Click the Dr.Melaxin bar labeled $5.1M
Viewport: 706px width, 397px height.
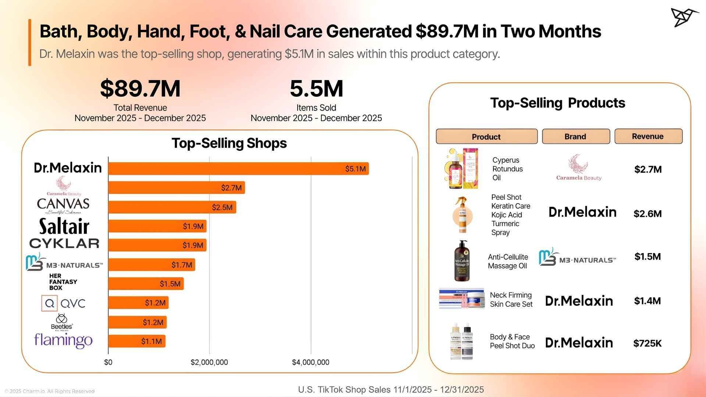click(238, 169)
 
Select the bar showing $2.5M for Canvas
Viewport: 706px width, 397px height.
click(172, 207)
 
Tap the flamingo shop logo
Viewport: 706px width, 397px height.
click(63, 340)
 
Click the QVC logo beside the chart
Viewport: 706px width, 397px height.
click(63, 303)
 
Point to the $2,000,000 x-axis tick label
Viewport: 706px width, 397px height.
click(209, 362)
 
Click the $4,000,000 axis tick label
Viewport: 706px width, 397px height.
click(311, 362)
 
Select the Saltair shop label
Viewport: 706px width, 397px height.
click(64, 226)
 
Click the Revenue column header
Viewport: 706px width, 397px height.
click(648, 136)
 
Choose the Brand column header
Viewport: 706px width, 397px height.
click(575, 137)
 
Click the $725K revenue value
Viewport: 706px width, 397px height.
click(648, 343)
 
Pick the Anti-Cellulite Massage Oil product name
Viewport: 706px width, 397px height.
click(508, 261)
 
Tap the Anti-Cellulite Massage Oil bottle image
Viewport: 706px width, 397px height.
click(462, 261)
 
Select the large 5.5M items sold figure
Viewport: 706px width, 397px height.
click(316, 89)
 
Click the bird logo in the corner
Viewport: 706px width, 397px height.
click(684, 17)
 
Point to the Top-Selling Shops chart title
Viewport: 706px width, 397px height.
click(229, 143)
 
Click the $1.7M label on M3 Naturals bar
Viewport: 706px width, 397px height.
click(182, 265)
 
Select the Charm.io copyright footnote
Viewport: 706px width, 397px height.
click(50, 391)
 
